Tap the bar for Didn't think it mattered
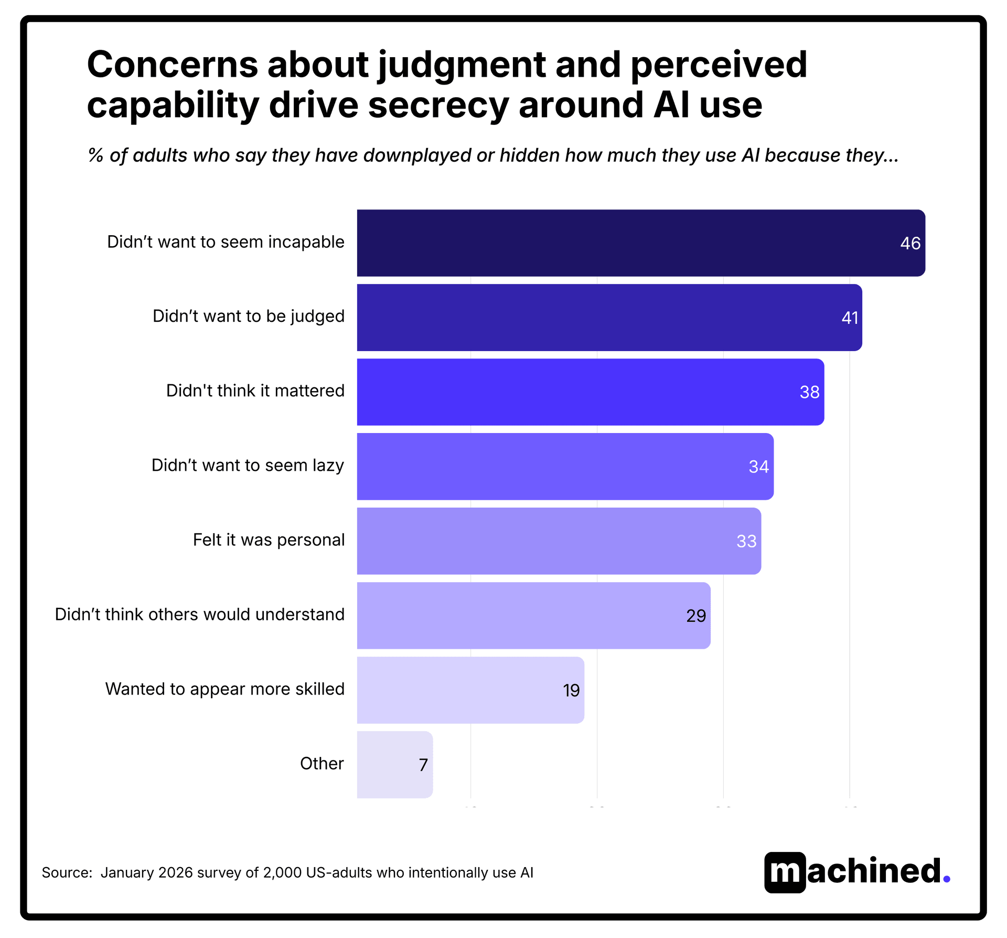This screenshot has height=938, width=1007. click(x=590, y=392)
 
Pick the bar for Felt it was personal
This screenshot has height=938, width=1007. click(x=559, y=541)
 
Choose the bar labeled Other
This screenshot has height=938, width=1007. click(x=394, y=765)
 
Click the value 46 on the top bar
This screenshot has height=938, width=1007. click(x=910, y=244)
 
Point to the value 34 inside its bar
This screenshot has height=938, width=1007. click(x=758, y=467)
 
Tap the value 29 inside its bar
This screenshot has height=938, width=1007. click(x=696, y=616)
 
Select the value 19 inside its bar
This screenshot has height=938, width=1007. click(x=571, y=691)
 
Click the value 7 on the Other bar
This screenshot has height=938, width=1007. click(x=423, y=765)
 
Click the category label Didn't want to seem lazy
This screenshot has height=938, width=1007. click(x=248, y=466)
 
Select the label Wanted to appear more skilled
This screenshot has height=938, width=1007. click(x=225, y=689)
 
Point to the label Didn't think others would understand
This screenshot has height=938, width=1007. click(x=200, y=615)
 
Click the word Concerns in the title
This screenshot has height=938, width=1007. click(x=172, y=65)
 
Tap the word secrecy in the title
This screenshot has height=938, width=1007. click(x=438, y=105)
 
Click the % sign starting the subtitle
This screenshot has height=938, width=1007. click(x=95, y=156)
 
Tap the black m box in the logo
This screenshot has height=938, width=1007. click(x=785, y=872)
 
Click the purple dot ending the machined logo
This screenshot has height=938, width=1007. click(x=946, y=879)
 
